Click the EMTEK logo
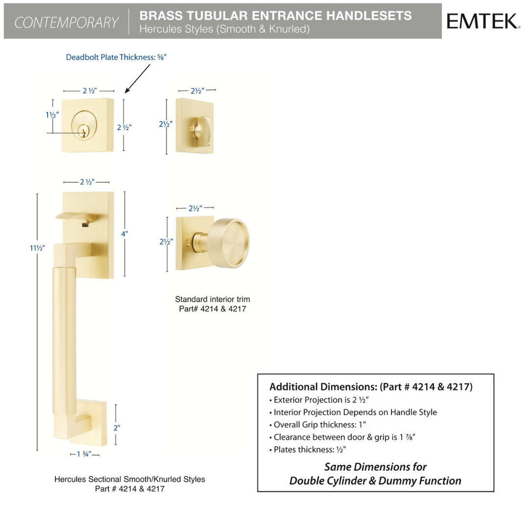pyautogui.click(x=483, y=21)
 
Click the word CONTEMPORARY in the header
pyautogui.click(x=66, y=22)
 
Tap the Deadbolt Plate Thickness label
pyautogui.click(x=116, y=57)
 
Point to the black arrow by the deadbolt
pyautogui.click(x=137, y=78)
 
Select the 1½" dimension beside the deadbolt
pyautogui.click(x=52, y=115)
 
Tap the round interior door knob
pyautogui.click(x=228, y=243)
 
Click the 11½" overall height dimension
pyautogui.click(x=37, y=248)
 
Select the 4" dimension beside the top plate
pyautogui.click(x=124, y=234)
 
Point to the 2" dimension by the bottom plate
pyautogui.click(x=117, y=428)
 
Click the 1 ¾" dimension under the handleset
pyautogui.click(x=84, y=454)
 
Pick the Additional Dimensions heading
pyautogui.click(x=371, y=386)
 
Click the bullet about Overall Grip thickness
pyautogui.click(x=317, y=425)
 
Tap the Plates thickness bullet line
pyautogui.click(x=308, y=450)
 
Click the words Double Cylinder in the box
pyautogui.click(x=328, y=481)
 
